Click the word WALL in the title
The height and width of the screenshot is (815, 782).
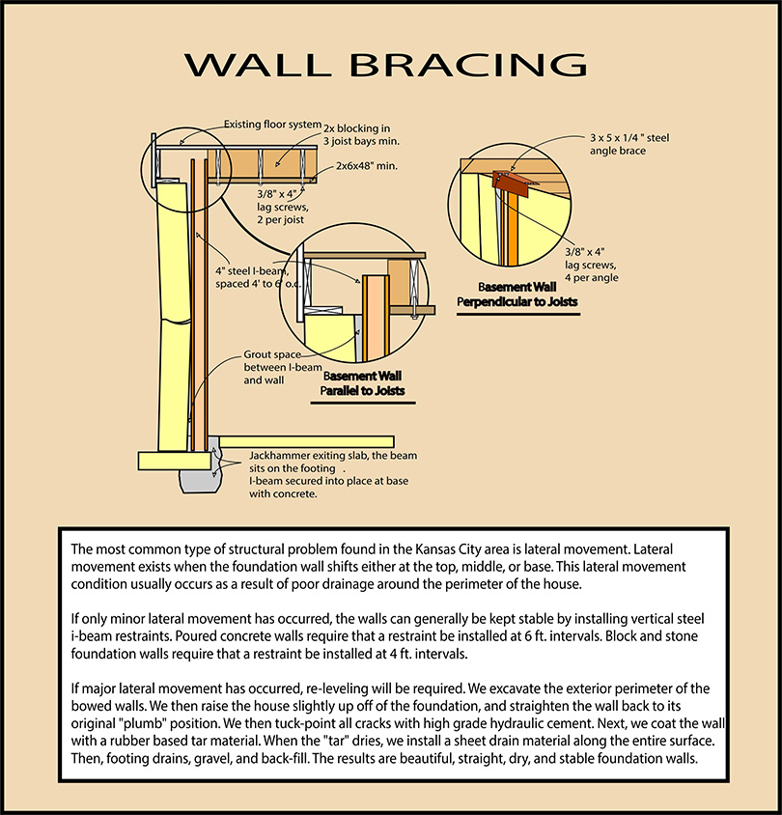coord(258,65)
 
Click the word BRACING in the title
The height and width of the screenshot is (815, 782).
coord(468,65)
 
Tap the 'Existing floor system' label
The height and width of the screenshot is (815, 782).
coord(273,125)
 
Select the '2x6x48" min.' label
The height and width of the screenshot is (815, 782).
coord(366,166)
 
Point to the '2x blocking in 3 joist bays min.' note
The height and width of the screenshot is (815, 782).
coord(362,134)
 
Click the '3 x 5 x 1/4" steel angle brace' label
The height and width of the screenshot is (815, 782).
coord(629,144)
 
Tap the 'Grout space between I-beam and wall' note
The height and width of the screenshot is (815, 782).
coord(283,367)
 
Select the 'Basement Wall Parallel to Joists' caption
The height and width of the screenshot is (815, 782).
coord(363,383)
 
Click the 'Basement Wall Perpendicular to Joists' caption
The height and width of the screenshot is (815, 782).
coord(517,295)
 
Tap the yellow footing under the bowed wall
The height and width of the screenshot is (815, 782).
coord(175,461)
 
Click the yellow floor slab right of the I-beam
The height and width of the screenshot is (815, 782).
coord(306,442)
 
